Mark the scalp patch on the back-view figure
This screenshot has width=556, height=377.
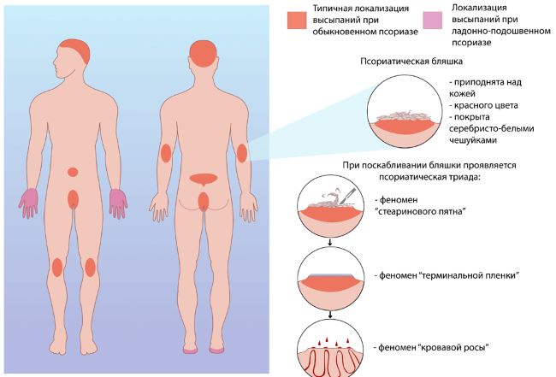click(x=202, y=52)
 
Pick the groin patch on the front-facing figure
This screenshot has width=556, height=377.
click(x=74, y=199)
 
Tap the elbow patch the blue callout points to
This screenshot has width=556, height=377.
click(x=242, y=154)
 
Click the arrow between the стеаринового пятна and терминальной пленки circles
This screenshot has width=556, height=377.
click(x=330, y=243)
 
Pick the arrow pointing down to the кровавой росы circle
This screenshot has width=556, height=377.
click(x=330, y=312)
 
